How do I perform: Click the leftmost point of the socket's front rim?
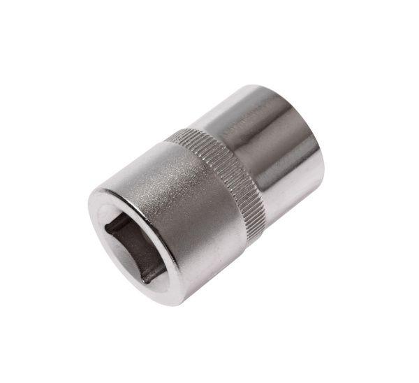[89, 210]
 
